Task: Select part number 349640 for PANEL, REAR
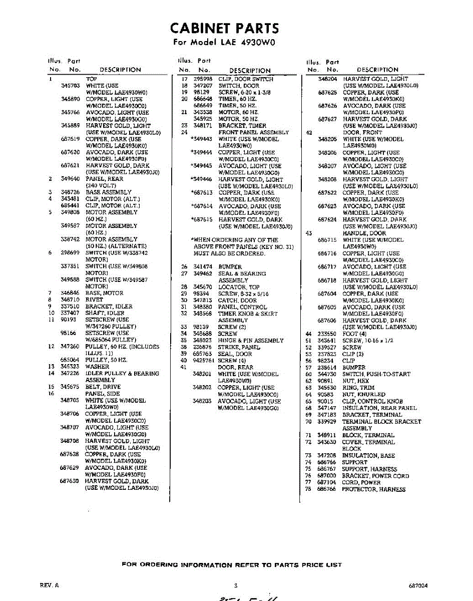[70, 179]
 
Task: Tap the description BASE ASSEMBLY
[108, 192]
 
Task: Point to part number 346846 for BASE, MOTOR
[70, 292]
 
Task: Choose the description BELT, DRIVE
[103, 387]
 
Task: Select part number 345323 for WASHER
[70, 367]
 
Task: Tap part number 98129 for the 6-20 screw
[201, 92]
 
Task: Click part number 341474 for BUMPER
[203, 267]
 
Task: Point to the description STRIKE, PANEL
[239, 347]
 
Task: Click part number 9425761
[203, 360]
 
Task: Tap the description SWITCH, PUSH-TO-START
[376, 374]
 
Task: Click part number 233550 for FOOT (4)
[327, 334]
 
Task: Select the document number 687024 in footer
[417, 585]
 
